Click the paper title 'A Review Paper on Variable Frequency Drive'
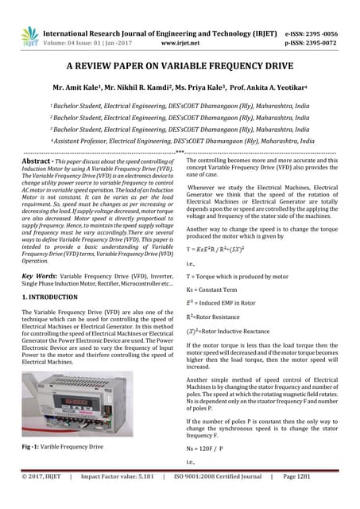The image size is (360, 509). [180, 69]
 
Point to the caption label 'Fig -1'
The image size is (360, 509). [33, 447]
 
